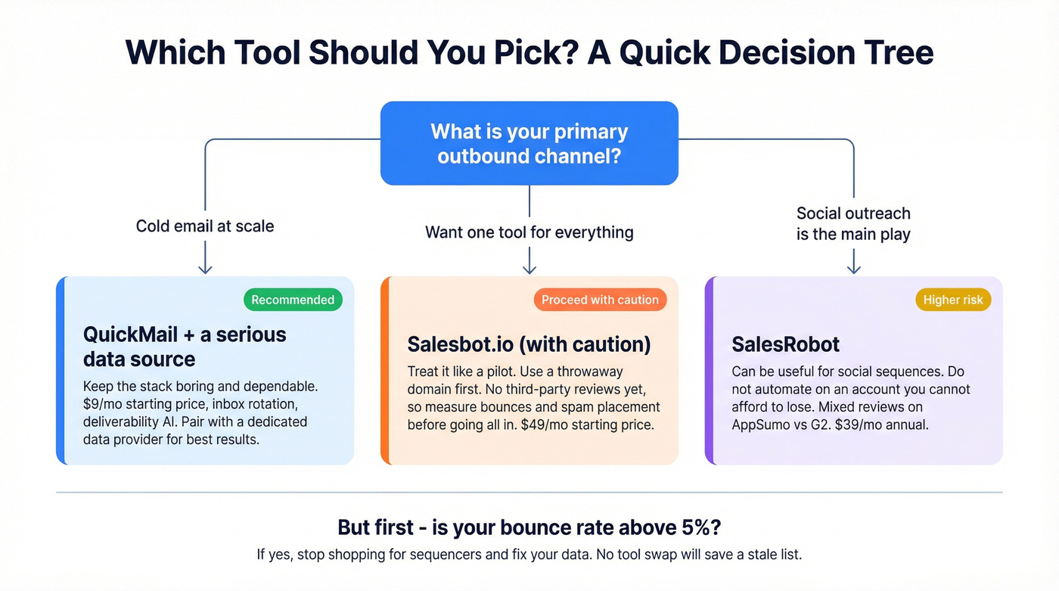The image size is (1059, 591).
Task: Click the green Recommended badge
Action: point(293,300)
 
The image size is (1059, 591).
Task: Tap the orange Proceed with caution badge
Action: point(600,300)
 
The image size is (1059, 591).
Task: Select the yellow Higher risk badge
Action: point(953,300)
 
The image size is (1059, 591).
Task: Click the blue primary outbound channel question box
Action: point(529,144)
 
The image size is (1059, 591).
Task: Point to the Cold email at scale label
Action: point(205,226)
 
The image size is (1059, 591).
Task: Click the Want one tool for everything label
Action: point(529,232)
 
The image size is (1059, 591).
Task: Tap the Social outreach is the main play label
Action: point(853,224)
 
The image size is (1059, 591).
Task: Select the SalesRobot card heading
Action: point(785,344)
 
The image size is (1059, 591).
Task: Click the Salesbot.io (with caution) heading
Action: point(529,344)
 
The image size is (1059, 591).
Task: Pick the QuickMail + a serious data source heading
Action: point(185,346)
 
